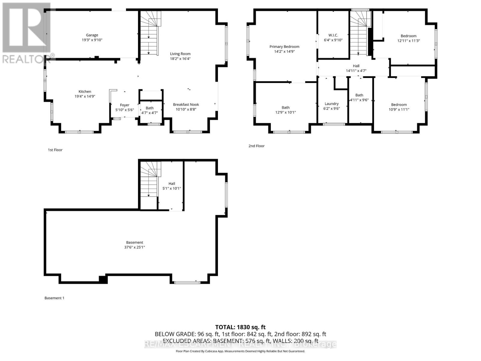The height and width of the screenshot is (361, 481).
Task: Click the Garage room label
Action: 92,35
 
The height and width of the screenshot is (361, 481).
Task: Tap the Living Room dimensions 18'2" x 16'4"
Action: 180,59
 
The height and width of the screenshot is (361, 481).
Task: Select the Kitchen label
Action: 85,91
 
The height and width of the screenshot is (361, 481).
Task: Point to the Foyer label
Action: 124,105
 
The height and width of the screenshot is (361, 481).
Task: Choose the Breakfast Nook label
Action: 186,105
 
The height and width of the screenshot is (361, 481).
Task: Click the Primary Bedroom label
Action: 284,47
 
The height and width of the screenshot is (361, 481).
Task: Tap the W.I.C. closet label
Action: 333,35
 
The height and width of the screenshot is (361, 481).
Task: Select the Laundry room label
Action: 332,104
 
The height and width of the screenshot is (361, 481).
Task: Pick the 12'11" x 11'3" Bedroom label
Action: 408,36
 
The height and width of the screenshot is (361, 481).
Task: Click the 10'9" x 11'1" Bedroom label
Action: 399,105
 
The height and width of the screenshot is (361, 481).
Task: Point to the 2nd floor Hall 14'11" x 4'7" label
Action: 356,66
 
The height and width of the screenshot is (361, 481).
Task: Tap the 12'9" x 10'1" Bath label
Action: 286,107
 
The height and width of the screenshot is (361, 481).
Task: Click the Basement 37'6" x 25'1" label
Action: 134,242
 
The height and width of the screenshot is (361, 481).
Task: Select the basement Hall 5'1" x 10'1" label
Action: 172,184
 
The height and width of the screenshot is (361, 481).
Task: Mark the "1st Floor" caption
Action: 55,150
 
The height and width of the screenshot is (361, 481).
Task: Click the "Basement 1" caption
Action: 54,298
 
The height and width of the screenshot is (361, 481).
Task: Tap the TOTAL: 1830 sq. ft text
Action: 240,327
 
